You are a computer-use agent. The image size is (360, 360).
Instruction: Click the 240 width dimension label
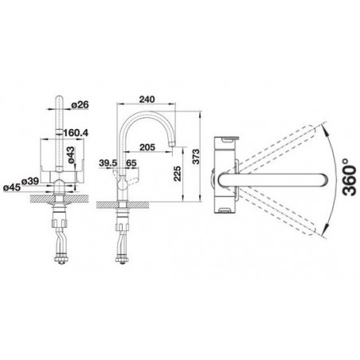[147, 100]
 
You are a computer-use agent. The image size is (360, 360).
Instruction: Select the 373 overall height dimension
[196, 157]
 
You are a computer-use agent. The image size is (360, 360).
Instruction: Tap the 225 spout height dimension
[177, 174]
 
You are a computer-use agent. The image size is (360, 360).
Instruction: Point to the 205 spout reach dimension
[147, 147]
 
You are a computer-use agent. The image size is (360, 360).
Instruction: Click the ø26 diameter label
[80, 104]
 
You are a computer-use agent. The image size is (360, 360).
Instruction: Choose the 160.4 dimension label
[76, 132]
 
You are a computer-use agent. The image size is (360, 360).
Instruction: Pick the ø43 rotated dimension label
[71, 155]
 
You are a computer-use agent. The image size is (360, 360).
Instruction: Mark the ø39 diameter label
[30, 181]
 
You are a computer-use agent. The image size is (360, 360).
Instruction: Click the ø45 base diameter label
[12, 187]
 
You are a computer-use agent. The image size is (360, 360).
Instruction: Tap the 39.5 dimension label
[108, 163]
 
